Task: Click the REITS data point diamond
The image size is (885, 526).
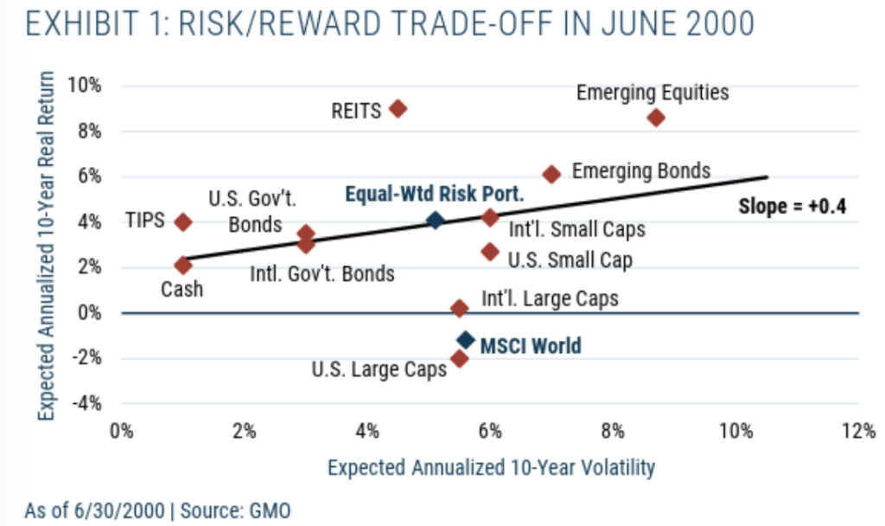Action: (398, 109)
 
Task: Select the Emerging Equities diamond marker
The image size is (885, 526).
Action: (656, 118)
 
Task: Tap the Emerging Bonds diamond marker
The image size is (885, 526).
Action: (551, 174)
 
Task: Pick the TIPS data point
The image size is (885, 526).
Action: (182, 221)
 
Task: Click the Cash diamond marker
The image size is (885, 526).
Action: (182, 266)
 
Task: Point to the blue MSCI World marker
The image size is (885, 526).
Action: (466, 340)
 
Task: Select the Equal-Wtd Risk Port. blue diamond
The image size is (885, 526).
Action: (436, 221)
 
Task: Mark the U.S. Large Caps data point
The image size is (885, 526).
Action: (460, 358)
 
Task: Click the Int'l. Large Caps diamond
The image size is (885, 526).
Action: (460, 308)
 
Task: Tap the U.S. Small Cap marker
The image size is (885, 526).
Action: (490, 252)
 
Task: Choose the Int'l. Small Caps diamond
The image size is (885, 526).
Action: (490, 217)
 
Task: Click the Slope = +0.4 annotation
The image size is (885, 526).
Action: (791, 207)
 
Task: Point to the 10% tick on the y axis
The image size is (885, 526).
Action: (87, 86)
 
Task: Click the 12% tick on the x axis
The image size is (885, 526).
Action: (858, 432)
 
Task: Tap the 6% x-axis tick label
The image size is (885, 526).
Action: (490, 432)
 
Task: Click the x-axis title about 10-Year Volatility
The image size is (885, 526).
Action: (490, 468)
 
